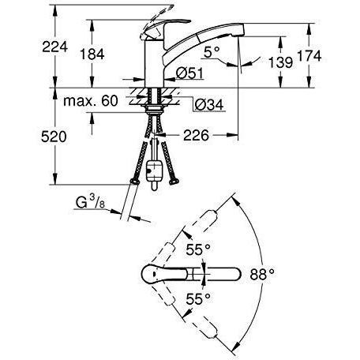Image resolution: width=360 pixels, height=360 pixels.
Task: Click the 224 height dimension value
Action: [55, 47]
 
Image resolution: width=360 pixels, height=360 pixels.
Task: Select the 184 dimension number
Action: [92, 54]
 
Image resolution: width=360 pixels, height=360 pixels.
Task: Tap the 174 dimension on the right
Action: [309, 56]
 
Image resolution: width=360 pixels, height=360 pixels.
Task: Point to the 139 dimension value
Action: [280, 62]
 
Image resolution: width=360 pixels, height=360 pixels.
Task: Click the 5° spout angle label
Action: [212, 52]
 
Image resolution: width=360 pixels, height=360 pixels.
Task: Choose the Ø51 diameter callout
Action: [190, 73]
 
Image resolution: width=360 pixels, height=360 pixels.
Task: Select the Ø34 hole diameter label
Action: [209, 105]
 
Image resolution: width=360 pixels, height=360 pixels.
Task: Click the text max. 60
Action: [91, 101]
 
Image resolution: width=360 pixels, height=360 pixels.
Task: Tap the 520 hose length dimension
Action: [54, 137]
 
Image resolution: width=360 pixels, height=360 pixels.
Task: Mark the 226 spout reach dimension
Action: [196, 135]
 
